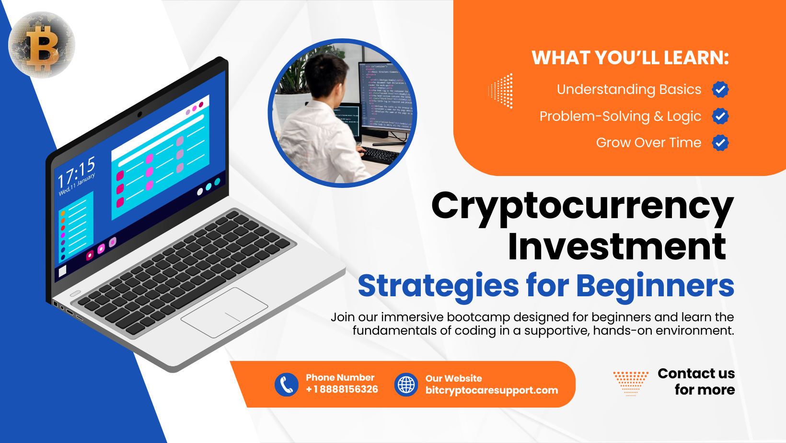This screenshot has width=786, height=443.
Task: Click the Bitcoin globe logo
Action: pos(42,45)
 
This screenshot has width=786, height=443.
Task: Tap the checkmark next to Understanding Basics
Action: pos(720,89)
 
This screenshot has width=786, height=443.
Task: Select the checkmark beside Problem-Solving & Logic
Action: pos(720,116)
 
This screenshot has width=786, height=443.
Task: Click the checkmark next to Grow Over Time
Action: pos(720,142)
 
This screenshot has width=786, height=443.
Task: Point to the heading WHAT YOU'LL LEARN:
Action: pos(630,58)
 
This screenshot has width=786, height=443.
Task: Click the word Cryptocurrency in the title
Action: pos(582,206)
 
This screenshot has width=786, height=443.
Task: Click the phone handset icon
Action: pos(287,385)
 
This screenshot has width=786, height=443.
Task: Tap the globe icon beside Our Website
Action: pos(406,385)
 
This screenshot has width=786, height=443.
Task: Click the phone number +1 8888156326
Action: pos(342,389)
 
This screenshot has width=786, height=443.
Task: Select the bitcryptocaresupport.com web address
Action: pos(491,390)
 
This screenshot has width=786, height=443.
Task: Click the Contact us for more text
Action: pos(696,382)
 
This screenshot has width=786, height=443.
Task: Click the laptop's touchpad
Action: pos(224,312)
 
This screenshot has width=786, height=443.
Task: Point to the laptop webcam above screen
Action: pos(139,115)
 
